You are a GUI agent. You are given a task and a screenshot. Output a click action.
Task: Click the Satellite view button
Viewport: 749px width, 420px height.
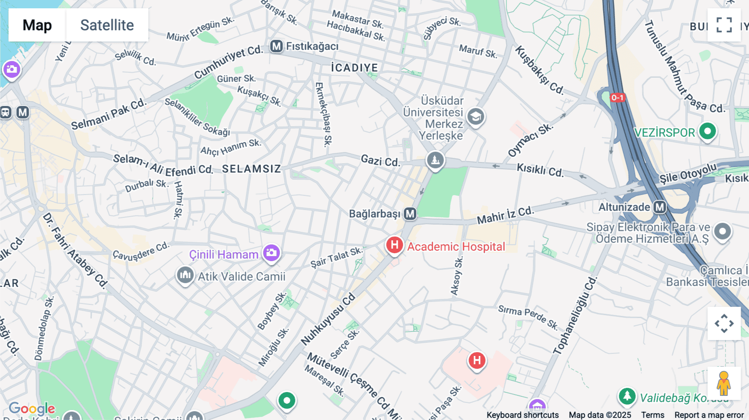click(x=107, y=25)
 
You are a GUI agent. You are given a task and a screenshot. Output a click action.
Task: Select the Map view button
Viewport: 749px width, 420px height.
click(x=37, y=25)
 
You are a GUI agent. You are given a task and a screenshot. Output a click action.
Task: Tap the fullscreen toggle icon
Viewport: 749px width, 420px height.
click(x=724, y=25)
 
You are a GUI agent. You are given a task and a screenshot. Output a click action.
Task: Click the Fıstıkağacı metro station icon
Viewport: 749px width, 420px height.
click(x=276, y=46)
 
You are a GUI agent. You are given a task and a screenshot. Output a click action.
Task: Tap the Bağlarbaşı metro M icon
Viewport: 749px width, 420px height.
click(x=410, y=214)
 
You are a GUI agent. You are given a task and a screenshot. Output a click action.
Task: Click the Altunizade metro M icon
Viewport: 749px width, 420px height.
click(x=660, y=207)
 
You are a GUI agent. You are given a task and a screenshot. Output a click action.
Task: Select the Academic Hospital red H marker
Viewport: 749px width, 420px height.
click(x=394, y=245)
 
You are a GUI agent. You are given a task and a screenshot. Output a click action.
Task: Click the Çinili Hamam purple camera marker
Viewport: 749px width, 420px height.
click(x=271, y=253)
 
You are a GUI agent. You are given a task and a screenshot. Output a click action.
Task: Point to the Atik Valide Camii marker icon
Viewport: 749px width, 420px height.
click(x=185, y=275)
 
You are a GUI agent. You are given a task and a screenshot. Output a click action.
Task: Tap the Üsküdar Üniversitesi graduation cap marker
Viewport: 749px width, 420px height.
click(x=475, y=117)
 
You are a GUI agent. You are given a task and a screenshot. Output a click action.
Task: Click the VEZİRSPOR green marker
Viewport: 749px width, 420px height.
click(x=707, y=131)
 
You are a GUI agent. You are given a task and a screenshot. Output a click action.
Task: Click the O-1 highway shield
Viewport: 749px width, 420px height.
click(x=617, y=98)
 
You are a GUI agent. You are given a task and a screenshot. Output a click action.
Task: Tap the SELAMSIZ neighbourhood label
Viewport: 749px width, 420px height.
click(x=251, y=169)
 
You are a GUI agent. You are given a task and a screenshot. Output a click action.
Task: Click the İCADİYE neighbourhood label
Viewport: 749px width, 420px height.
click(x=355, y=68)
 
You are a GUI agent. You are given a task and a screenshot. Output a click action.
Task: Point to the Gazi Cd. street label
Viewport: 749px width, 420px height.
click(x=380, y=161)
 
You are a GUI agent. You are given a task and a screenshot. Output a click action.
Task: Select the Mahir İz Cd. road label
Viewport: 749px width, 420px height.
click(x=505, y=215)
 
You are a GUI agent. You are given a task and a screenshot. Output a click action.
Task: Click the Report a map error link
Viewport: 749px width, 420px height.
click(x=709, y=415)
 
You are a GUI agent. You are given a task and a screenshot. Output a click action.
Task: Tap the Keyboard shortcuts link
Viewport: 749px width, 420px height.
click(x=523, y=415)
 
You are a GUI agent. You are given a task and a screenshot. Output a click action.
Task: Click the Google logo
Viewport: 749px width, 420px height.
click(x=32, y=408)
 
